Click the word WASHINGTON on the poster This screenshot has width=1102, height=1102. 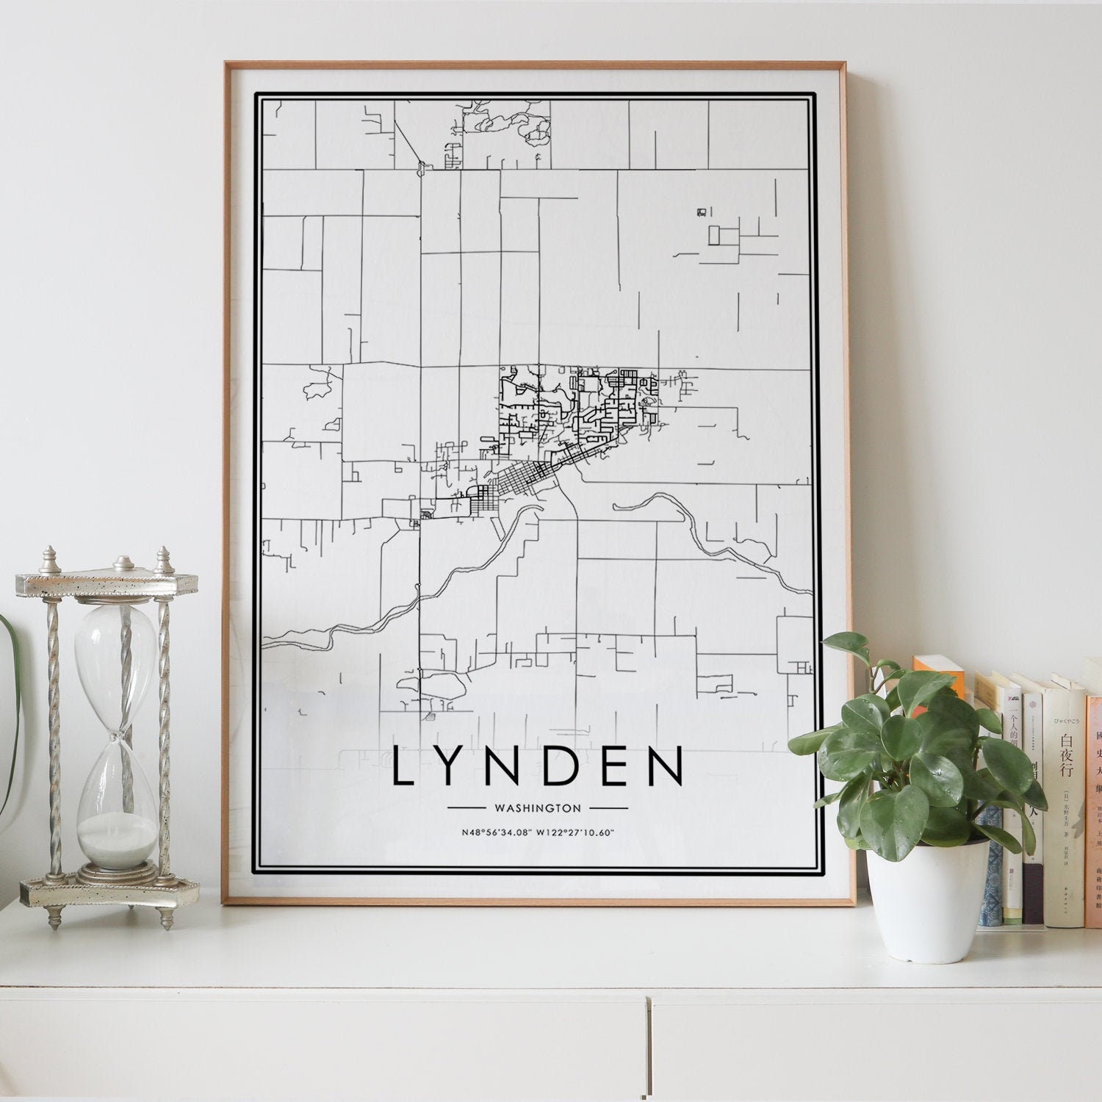(538, 808)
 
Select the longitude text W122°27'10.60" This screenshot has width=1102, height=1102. (575, 832)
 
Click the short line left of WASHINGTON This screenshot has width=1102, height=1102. (467, 808)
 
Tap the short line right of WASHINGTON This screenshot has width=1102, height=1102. (608, 808)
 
